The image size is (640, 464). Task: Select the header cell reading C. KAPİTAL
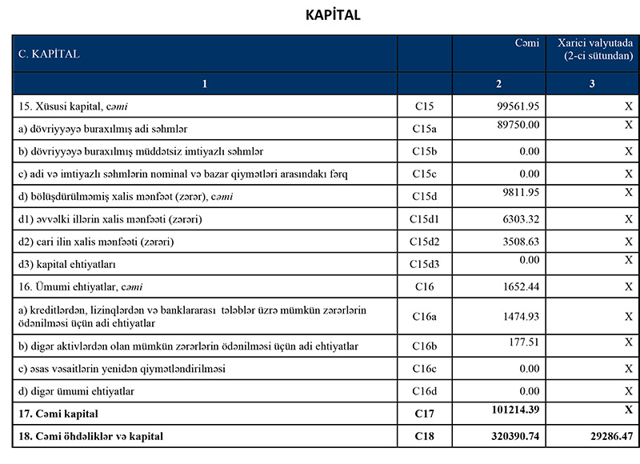(49, 54)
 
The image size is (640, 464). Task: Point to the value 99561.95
(517, 106)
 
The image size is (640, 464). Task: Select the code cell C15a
(425, 128)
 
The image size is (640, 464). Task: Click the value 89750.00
(518, 125)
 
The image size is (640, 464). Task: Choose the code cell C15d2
(425, 242)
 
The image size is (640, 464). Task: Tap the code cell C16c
(425, 369)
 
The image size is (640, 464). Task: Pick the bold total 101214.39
(514, 410)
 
